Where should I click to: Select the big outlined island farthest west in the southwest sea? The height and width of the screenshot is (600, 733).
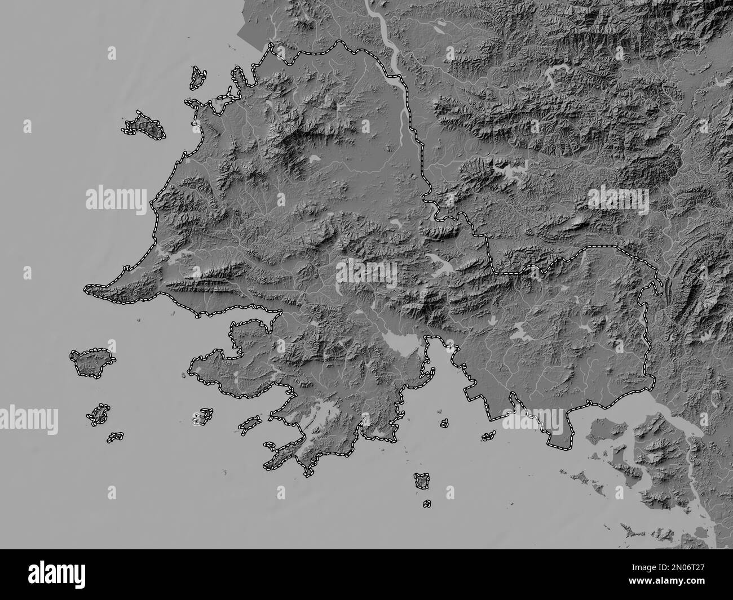pos(91,361)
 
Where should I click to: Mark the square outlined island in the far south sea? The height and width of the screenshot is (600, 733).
pos(421,480)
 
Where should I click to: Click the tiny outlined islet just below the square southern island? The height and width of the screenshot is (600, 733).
pos(427,503)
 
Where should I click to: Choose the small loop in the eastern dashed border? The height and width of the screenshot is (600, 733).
pos(657,286)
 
